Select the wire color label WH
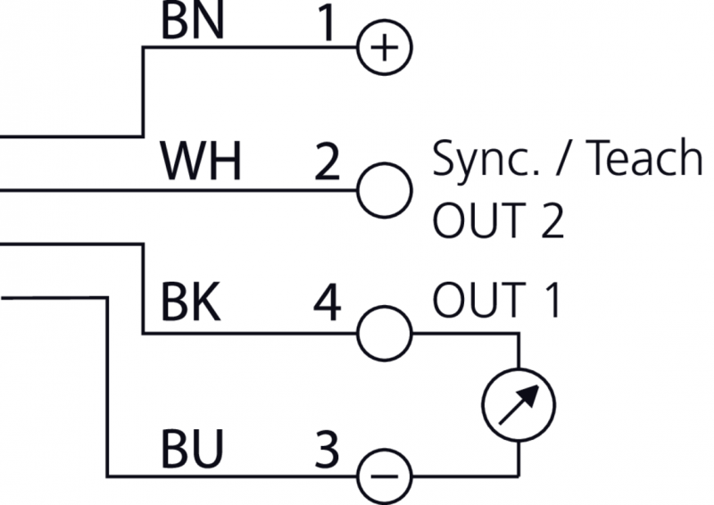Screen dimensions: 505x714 (201, 162)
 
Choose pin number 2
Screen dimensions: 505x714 (328, 162)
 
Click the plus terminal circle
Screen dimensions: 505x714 (384, 46)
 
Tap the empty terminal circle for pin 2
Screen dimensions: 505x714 (384, 189)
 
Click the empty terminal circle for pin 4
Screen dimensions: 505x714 (384, 333)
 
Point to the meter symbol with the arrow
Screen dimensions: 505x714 (519, 403)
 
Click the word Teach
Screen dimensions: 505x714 (643, 160)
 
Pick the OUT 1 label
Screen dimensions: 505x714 (496, 302)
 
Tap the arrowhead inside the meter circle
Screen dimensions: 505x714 (530, 392)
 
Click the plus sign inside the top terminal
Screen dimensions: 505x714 (384, 46)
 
